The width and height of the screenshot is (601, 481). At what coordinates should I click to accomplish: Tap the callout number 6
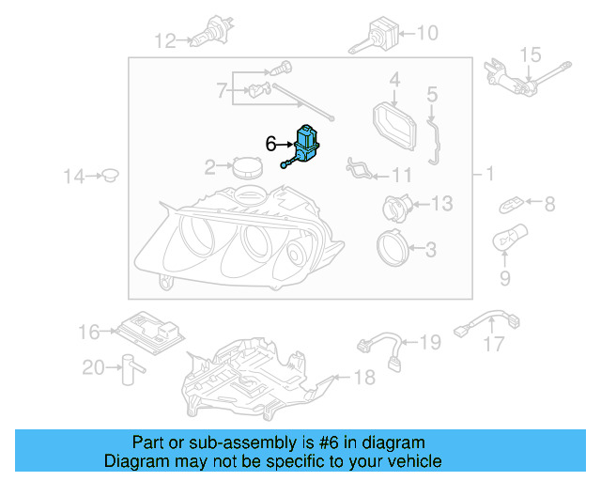(271, 144)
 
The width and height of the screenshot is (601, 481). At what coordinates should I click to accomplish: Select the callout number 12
(165, 40)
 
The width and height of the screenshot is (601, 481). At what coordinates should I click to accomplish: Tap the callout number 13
(440, 203)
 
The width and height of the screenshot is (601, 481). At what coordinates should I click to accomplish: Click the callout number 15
(531, 54)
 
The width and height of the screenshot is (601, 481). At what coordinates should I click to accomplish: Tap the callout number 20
(93, 367)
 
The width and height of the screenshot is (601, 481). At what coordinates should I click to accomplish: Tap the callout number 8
(549, 203)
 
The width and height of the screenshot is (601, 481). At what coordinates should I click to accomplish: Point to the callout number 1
(488, 175)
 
